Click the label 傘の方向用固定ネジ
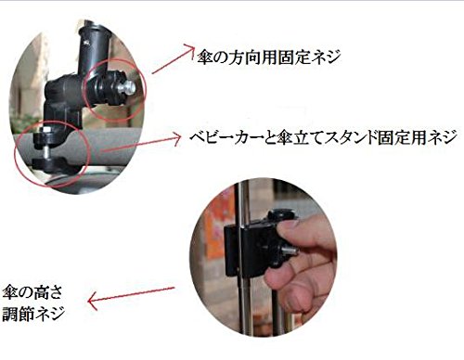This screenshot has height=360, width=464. (269, 57)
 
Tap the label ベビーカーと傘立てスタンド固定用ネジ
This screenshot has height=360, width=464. (324, 137)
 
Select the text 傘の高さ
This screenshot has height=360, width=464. (32, 292)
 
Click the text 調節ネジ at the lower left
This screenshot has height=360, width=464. (33, 314)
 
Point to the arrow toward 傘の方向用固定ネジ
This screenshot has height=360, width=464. (173, 59)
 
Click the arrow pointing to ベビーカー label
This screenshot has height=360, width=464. (141, 143)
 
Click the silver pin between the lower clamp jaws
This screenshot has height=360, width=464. (45, 151)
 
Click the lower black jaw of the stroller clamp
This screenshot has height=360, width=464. (49, 164)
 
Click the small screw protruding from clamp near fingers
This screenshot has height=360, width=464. (290, 250)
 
